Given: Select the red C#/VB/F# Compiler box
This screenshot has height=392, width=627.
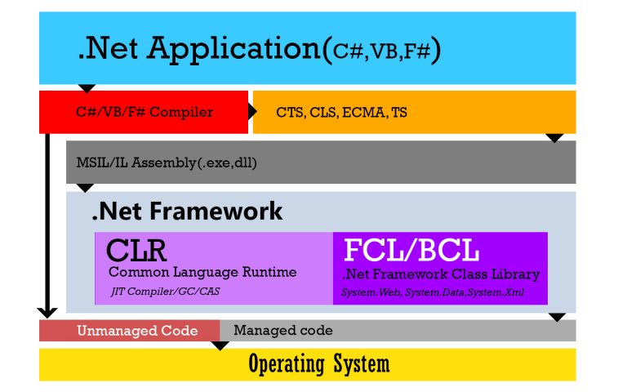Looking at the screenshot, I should [144, 112].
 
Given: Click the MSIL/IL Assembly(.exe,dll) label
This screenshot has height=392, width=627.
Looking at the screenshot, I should [167, 163].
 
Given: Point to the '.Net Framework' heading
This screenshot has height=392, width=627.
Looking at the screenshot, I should [187, 212].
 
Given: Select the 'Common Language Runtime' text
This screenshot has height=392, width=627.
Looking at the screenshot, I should [202, 272].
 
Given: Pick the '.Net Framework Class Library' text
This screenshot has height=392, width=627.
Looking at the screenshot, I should [441, 274].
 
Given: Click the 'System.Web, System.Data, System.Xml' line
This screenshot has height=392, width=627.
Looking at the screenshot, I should [433, 292].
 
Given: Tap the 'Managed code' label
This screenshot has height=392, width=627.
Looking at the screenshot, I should [282, 331].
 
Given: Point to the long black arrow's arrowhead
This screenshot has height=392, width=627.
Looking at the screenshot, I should [48, 311].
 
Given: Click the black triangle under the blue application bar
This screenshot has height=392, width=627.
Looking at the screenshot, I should [87, 88].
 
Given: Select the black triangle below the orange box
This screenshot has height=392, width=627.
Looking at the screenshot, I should [555, 138].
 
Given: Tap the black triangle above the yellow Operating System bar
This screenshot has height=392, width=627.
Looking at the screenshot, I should [220, 345].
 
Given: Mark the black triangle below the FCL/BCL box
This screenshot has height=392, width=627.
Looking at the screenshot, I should [558, 316].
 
